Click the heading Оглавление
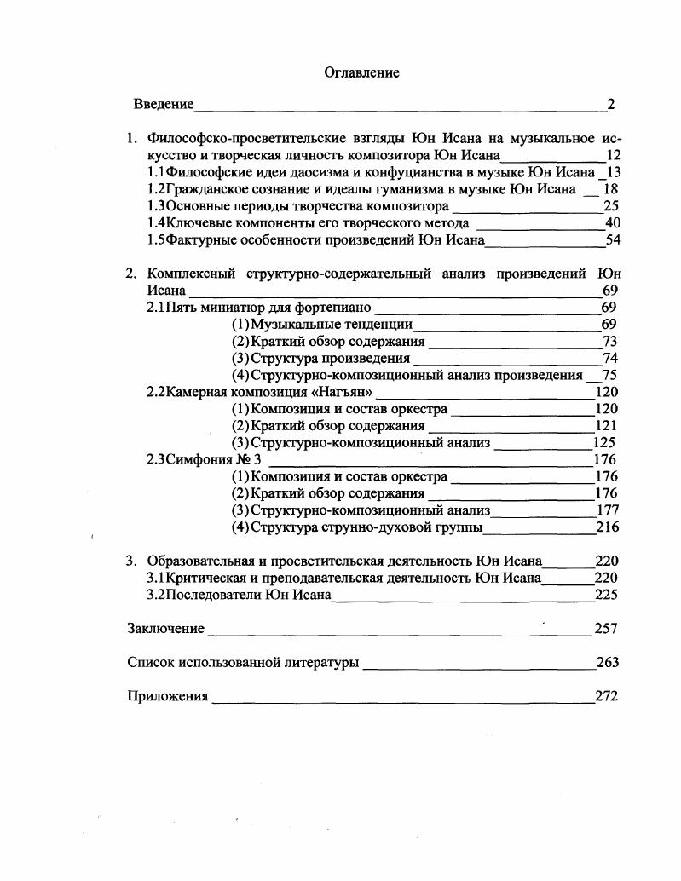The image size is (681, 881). click(361, 73)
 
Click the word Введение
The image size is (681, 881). click(164, 105)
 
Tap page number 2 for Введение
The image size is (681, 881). click(610, 105)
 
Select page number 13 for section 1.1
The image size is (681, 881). click(609, 172)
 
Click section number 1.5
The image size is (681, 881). click(156, 240)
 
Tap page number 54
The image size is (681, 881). click(612, 240)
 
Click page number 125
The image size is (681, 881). click(603, 443)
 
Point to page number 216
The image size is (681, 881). click(607, 527)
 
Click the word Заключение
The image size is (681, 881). click(166, 629)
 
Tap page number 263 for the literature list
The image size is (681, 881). click(607, 662)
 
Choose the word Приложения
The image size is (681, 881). click(168, 696)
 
